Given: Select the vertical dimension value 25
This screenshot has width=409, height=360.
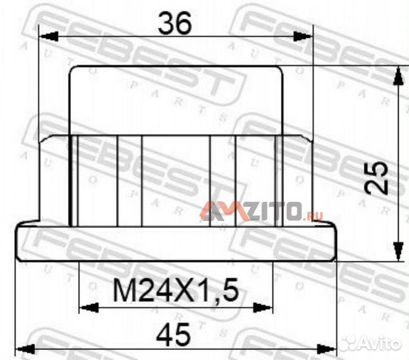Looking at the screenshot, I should [x=378, y=177].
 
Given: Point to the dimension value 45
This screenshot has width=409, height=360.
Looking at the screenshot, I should [x=175, y=333].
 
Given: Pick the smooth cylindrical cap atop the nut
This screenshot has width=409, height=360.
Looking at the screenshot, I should [x=175, y=100].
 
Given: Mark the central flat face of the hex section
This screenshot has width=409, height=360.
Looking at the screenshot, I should [x=175, y=180].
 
